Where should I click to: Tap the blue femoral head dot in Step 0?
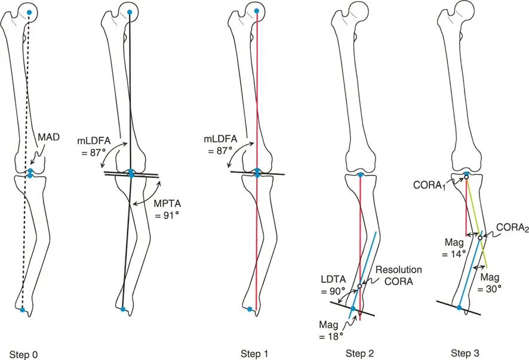(x=27, y=11)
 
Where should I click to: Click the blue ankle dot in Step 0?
(x=22, y=309)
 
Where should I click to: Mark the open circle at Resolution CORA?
(x=360, y=287)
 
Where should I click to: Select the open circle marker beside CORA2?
(x=480, y=238)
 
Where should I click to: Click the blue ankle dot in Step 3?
(x=459, y=307)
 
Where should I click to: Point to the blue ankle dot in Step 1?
(x=250, y=309)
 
